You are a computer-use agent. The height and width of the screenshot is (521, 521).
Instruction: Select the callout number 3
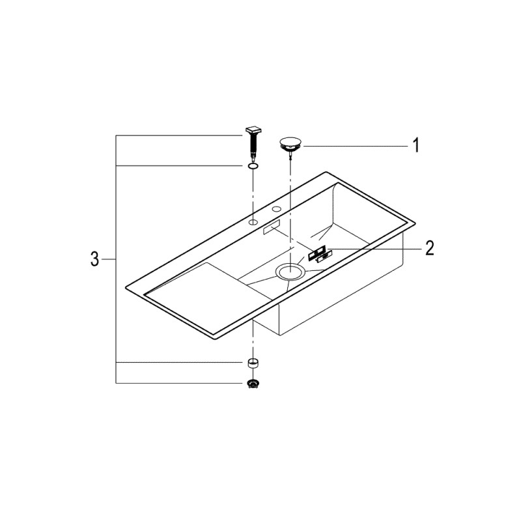point(94,260)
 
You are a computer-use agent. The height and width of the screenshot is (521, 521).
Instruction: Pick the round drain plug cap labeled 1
point(289,143)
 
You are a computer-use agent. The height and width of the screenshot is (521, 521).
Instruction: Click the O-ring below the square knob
point(252,167)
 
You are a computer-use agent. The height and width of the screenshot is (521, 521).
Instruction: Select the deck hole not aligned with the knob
point(276,210)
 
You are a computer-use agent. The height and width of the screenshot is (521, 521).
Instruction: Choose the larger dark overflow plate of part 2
point(317,251)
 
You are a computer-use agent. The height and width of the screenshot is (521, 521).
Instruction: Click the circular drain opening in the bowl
point(289,272)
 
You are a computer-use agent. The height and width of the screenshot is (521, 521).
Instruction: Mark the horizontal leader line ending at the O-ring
point(182,167)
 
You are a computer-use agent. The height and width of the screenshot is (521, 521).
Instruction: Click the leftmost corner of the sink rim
point(126,287)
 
